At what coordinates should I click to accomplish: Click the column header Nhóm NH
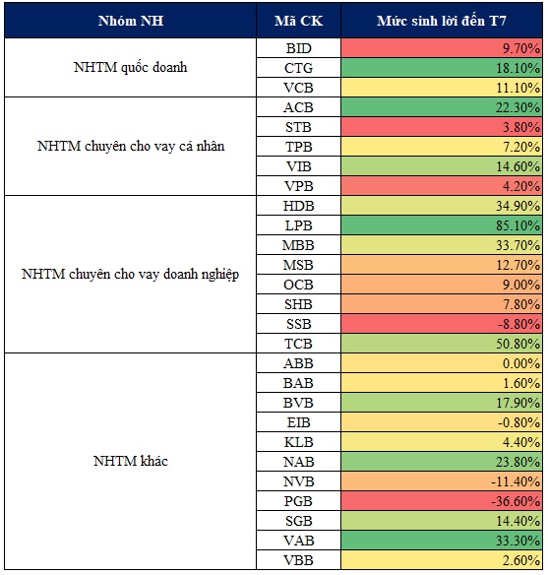pos(131,21)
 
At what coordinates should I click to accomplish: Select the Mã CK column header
pos(298,21)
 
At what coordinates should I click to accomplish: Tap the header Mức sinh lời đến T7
pos(442,21)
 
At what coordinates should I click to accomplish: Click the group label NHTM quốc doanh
pos(131,68)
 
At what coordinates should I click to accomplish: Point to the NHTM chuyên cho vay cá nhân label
pos(131,147)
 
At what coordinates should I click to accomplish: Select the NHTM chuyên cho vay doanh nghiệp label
pos(131,275)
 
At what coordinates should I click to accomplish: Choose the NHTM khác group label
pos(131,461)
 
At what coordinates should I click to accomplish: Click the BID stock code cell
pos(298,48)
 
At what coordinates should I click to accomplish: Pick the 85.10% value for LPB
pos(518,225)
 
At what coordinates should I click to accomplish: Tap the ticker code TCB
pos(298,344)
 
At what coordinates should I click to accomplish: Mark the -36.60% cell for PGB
pos(516,501)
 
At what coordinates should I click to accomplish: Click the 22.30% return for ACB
pos(518,107)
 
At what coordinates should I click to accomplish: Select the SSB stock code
pos(298,324)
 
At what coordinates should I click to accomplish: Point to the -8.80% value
pos(519,324)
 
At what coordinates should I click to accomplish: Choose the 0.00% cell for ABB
pos(521,363)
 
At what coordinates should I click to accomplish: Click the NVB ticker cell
pos(298,481)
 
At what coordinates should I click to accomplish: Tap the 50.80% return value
pos(518,344)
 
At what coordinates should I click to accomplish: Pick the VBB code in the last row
pos(298,560)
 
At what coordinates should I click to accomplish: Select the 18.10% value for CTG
pos(518,68)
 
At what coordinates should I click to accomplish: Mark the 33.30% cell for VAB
pos(518,541)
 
